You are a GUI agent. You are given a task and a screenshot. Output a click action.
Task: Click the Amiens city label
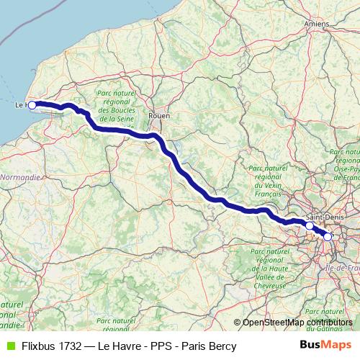point(316,24)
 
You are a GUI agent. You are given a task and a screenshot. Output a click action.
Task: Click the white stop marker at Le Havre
point(32,105)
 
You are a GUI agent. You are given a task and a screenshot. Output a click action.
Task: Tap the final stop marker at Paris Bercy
point(328,236)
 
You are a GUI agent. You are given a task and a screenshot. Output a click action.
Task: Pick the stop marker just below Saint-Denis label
point(310,226)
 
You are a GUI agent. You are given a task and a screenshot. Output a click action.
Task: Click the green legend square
point(9,346)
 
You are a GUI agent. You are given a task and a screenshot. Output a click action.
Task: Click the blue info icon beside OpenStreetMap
point(237,322)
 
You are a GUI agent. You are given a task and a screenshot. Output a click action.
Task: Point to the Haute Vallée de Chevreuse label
point(269,269)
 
